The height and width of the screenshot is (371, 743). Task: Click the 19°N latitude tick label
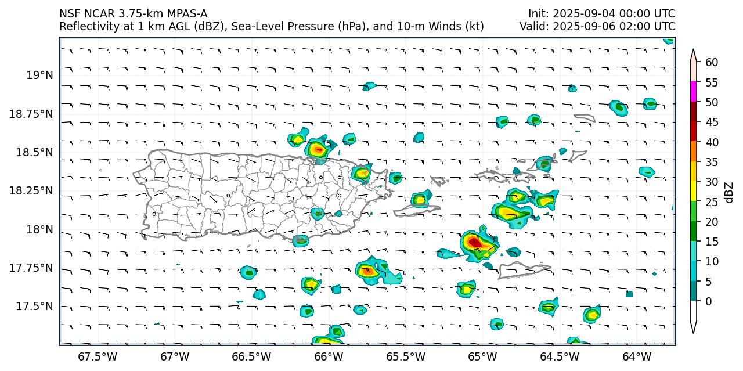click(x=39, y=75)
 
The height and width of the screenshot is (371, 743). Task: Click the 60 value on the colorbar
click(x=712, y=62)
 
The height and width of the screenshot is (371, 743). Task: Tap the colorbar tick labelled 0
click(x=709, y=301)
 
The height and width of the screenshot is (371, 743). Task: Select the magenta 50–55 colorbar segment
click(x=693, y=92)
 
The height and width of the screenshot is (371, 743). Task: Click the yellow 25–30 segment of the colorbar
click(x=693, y=192)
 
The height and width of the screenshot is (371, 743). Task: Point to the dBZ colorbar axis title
click(x=730, y=193)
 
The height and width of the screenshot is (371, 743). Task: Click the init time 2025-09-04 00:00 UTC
click(x=601, y=13)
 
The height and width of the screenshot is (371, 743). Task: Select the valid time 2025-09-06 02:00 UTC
click(x=597, y=26)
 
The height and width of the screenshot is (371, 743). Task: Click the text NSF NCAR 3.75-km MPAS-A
click(x=133, y=13)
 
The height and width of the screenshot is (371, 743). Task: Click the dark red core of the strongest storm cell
click(x=474, y=242)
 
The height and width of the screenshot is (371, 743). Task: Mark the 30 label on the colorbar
click(x=712, y=182)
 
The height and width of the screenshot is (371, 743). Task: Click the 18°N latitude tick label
click(x=39, y=229)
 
